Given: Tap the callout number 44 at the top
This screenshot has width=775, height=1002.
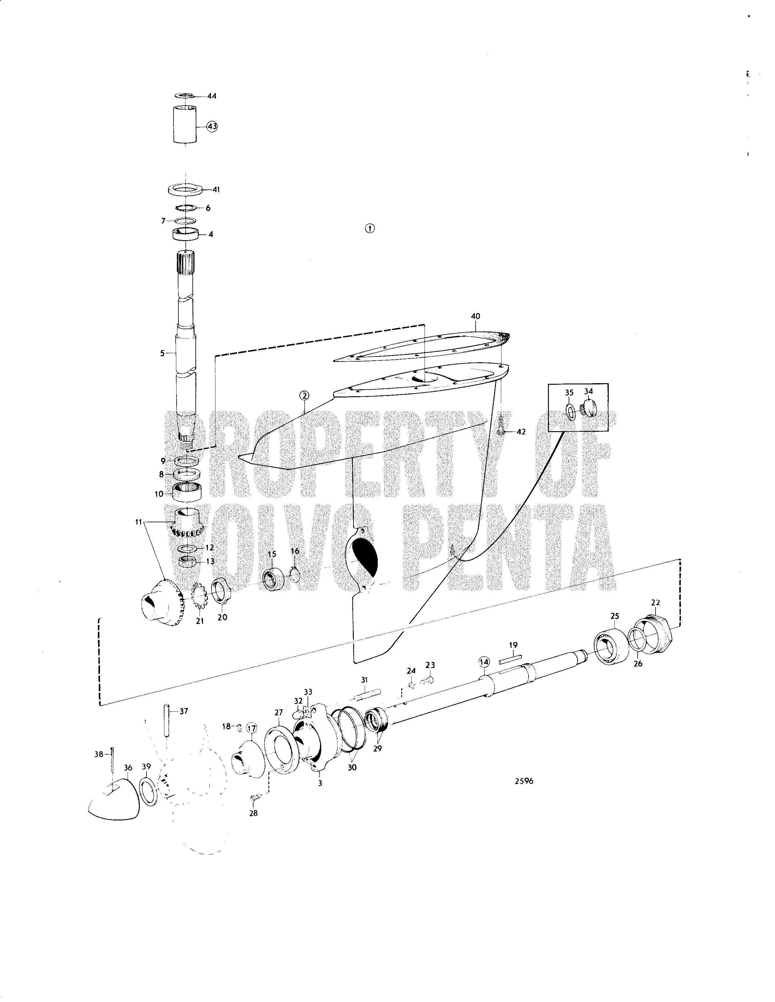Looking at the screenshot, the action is [212, 96].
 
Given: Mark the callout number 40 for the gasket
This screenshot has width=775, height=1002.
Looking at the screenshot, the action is [476, 316].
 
